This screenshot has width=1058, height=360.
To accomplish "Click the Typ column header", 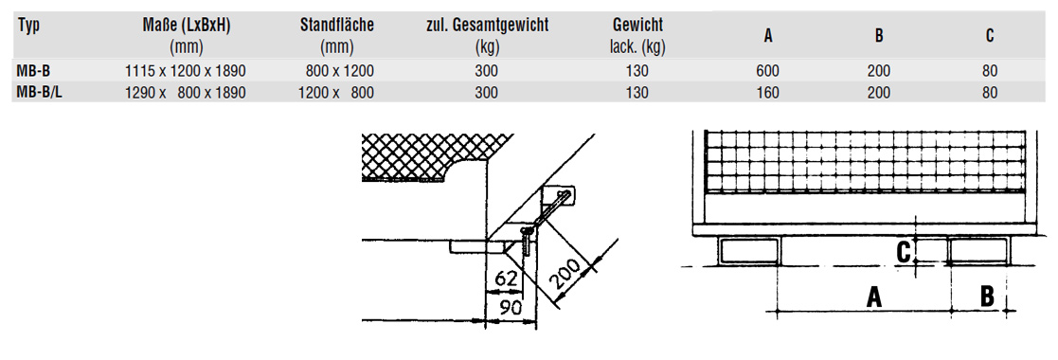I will [x=28, y=26].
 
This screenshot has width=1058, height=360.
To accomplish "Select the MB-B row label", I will [x=35, y=70].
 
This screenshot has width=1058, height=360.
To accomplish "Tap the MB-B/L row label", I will [x=41, y=92].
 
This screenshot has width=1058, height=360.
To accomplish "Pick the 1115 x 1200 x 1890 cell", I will [x=185, y=70].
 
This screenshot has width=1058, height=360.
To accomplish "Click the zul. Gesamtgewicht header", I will [x=487, y=26].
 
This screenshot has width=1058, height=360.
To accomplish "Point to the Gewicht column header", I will [x=637, y=26].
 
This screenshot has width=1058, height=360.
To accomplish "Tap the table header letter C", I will [x=990, y=36].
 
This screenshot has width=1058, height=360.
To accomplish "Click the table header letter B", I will [x=879, y=36].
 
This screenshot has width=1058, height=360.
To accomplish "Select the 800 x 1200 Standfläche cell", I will [x=340, y=70].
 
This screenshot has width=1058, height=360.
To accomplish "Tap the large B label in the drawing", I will [x=986, y=297].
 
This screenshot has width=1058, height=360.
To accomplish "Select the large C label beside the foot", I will [x=905, y=251].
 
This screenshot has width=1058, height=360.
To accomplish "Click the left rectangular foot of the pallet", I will [x=749, y=251].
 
